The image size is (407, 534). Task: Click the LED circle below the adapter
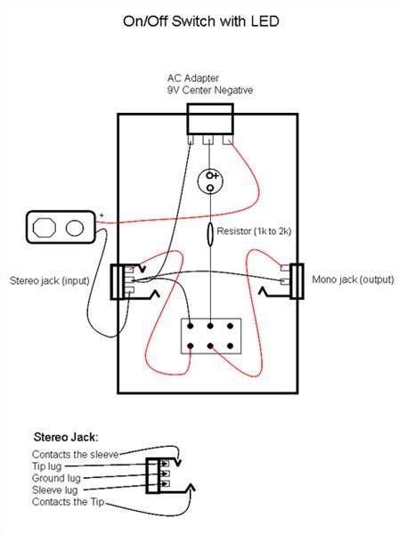[211, 181]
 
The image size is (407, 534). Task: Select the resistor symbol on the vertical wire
[210, 234]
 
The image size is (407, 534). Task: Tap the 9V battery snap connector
[61, 226]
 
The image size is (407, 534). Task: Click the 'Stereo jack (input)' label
[53, 280]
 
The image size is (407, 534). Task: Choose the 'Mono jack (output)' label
[353, 279]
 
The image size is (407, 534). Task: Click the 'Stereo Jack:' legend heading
[66, 437]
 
